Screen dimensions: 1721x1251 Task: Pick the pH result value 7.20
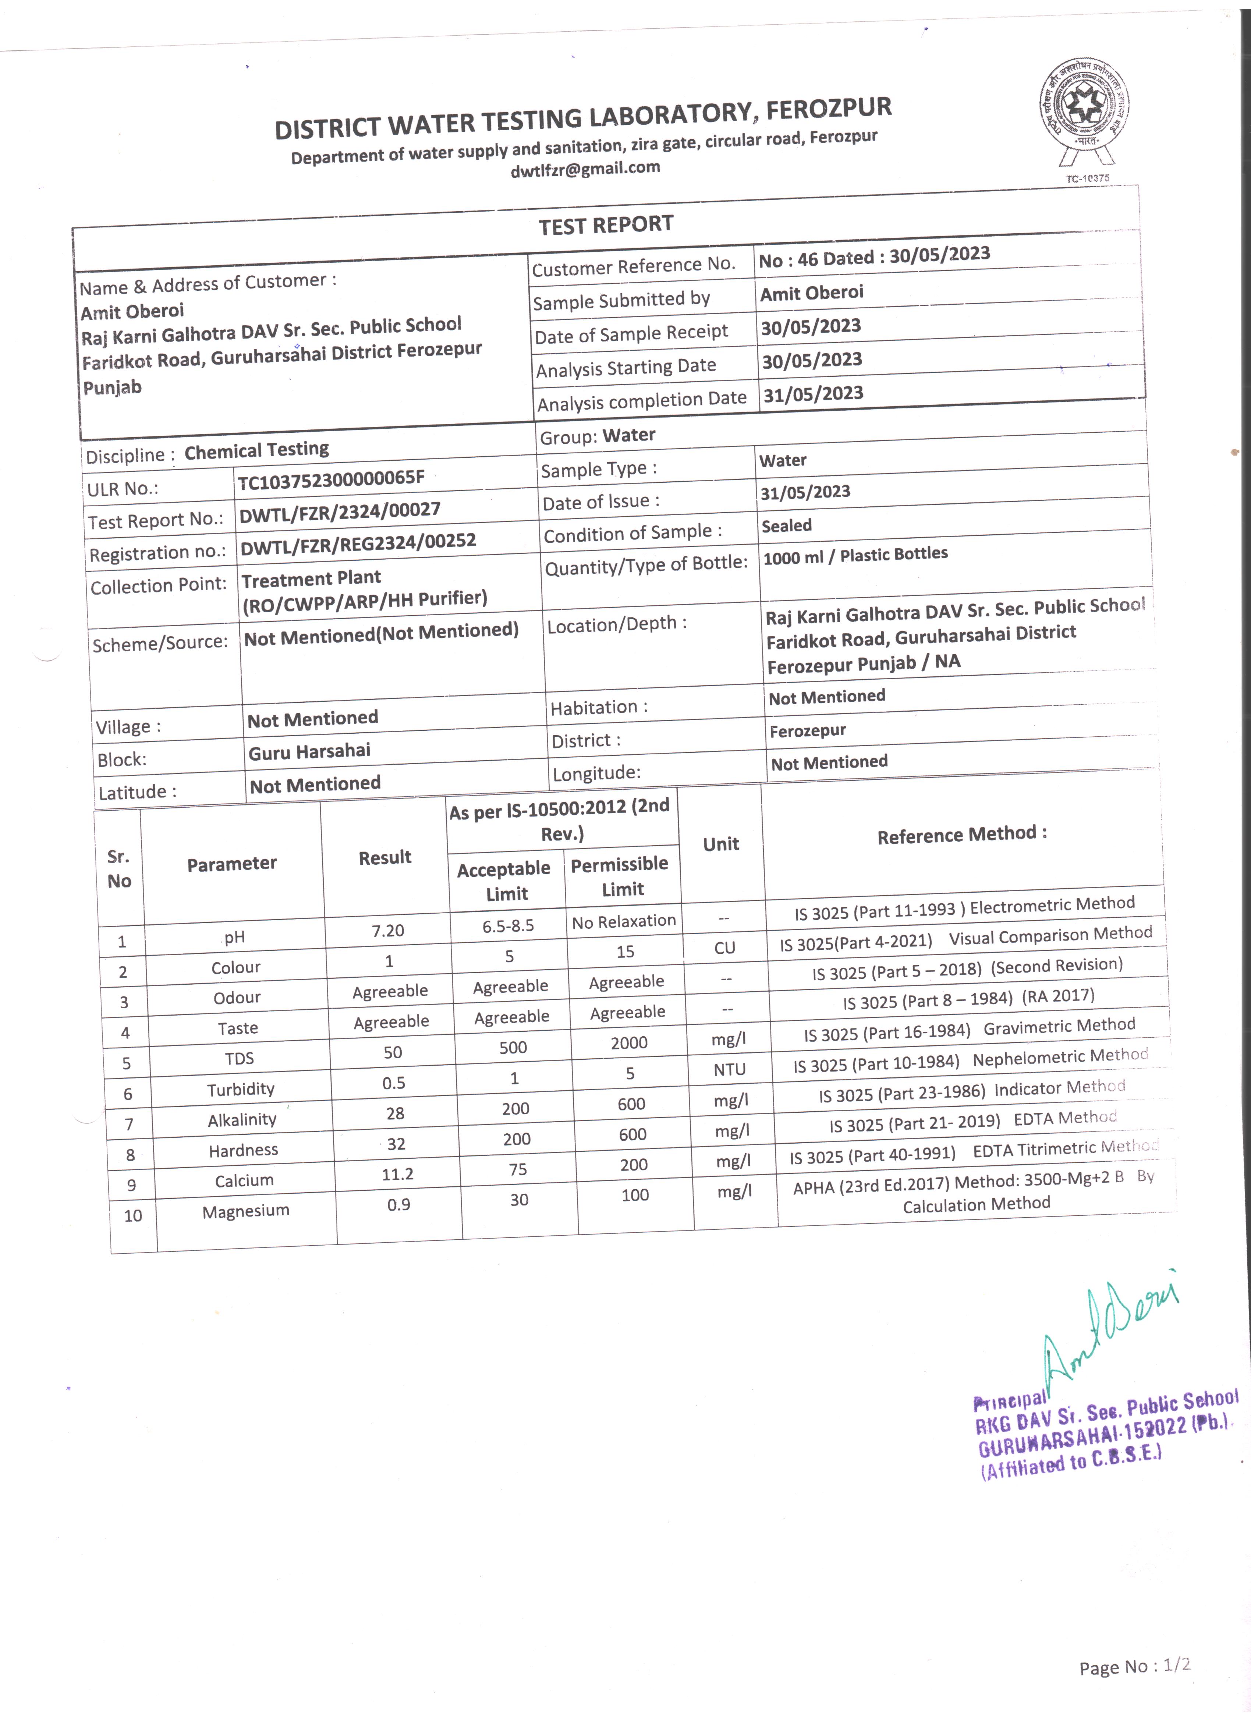[x=388, y=930]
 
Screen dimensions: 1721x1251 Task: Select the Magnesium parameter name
[x=246, y=1210]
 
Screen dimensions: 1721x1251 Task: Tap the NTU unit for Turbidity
[x=729, y=1069]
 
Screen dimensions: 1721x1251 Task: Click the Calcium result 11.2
[x=397, y=1174]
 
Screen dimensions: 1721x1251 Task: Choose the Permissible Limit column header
[x=620, y=877]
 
